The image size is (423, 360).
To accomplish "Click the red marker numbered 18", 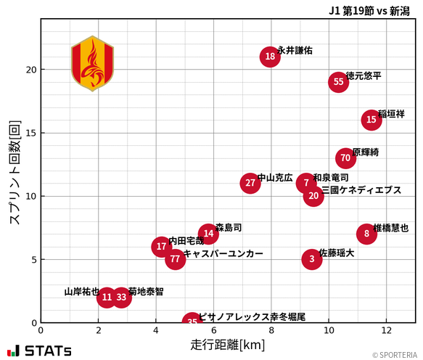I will coord(270,57).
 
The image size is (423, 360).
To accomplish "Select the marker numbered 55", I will coord(338,82).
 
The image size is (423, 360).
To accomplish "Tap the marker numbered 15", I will coord(371,120).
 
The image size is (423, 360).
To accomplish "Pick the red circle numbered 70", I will coord(345,158).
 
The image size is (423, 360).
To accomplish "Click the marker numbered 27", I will coord(250,183).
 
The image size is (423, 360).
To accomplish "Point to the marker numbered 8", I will coord(366,234).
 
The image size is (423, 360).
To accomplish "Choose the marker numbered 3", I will coord(312,259).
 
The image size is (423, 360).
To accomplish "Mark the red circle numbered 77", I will coord(175,259).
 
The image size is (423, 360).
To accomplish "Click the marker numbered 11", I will coord(107,297).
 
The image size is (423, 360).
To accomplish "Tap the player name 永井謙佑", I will coord(295,51).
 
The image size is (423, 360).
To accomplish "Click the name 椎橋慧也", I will coord(390,228).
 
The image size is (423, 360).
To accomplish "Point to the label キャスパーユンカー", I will coord(223,254).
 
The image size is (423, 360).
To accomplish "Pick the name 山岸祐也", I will coord(81,292).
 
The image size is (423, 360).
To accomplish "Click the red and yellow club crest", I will coord(92,63).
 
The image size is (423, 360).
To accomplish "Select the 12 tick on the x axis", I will coord(386,330).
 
